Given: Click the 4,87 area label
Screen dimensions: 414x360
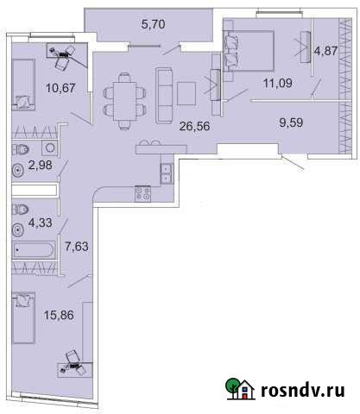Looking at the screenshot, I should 326,51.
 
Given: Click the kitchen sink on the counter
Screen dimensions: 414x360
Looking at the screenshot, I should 165,172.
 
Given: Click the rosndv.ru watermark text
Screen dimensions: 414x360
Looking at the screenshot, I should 301,391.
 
